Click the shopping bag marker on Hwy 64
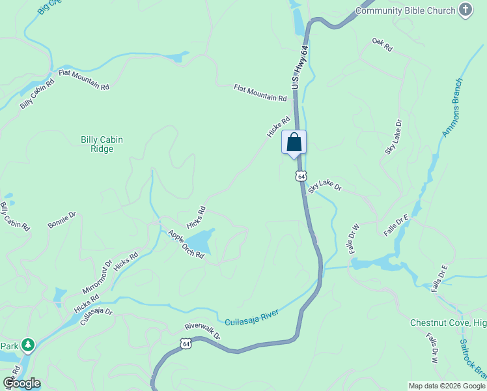[294, 142]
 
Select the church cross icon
[465, 9]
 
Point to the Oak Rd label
[383, 45]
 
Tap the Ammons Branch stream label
[452, 108]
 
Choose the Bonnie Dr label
[62, 220]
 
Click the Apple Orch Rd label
[186, 244]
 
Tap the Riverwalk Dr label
[202, 332]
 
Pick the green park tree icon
[27, 343]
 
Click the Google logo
[21, 383]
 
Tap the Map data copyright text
[447, 386]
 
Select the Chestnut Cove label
[448, 323]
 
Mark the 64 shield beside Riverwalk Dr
[186, 343]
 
